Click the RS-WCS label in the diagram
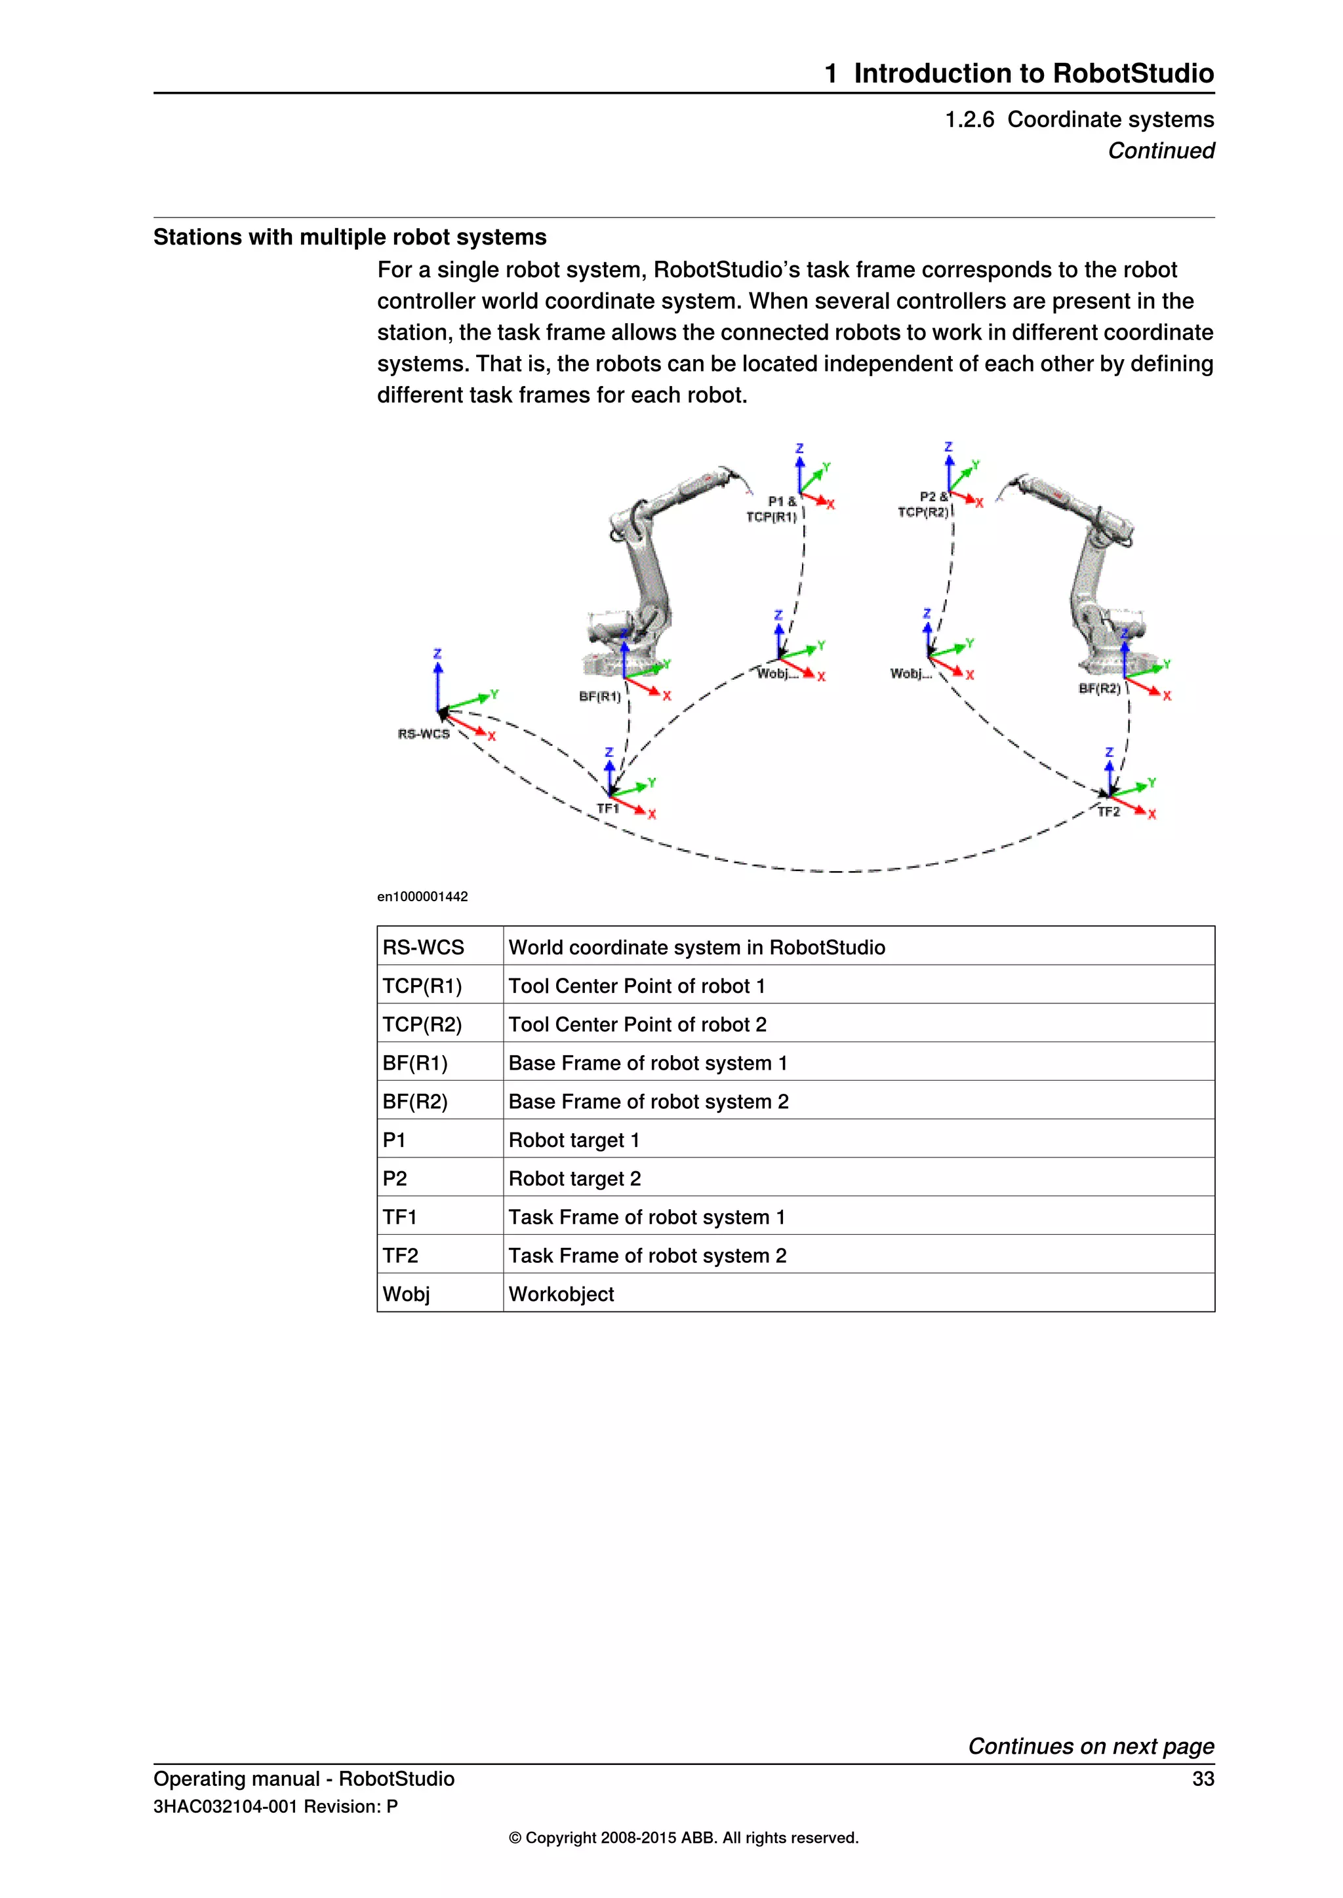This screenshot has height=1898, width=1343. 424,734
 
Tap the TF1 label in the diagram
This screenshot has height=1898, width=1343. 608,809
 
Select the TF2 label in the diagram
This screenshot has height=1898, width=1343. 1108,812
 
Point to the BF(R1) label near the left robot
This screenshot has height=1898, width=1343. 599,697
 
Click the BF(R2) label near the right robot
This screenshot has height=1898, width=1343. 1099,689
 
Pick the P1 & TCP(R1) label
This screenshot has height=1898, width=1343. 772,509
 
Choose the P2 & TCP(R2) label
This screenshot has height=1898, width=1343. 925,504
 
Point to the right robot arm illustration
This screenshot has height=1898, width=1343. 1092,570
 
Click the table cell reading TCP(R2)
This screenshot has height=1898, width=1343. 422,1024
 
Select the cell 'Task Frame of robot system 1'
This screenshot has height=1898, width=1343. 647,1217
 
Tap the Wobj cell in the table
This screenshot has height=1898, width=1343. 406,1294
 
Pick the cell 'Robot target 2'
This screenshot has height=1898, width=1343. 574,1179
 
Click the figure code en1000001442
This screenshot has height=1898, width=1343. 422,897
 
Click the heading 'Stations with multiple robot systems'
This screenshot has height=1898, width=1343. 350,237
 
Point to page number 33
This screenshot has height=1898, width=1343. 1203,1778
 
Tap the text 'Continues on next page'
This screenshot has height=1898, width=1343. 1091,1746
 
